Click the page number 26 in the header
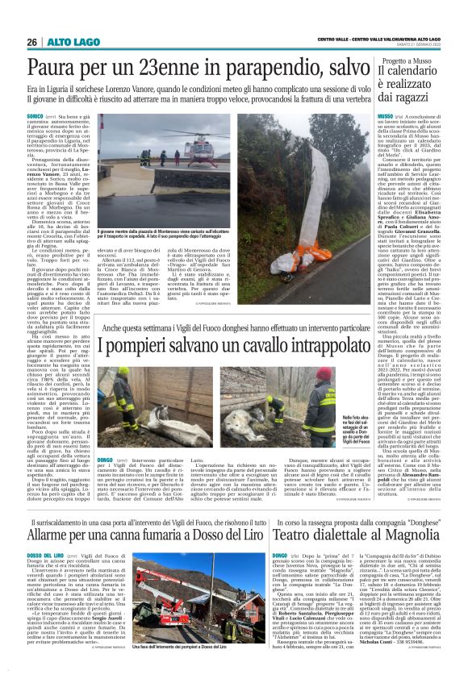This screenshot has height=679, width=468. pos(32,42)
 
